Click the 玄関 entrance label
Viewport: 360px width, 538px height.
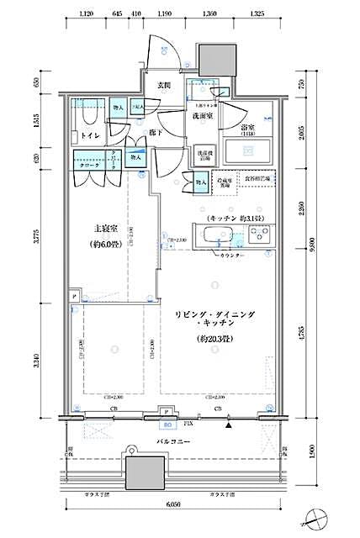tap(163, 85)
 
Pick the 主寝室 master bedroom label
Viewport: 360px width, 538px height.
tap(104, 228)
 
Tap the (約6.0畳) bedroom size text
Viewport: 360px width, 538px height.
tap(104, 245)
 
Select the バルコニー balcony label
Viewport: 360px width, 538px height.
tap(177, 441)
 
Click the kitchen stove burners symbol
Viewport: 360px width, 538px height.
tap(261, 234)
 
